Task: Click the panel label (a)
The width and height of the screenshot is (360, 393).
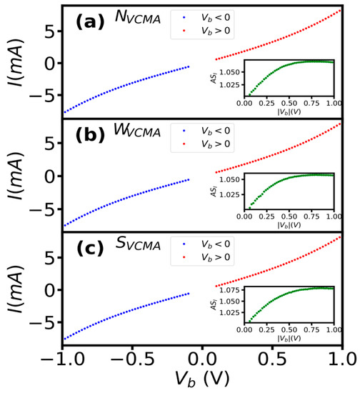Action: [x=91, y=21]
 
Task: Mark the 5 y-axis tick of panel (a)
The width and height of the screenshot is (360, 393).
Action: [x=51, y=30]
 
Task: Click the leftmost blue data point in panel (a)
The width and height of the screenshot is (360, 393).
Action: [x=64, y=112]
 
